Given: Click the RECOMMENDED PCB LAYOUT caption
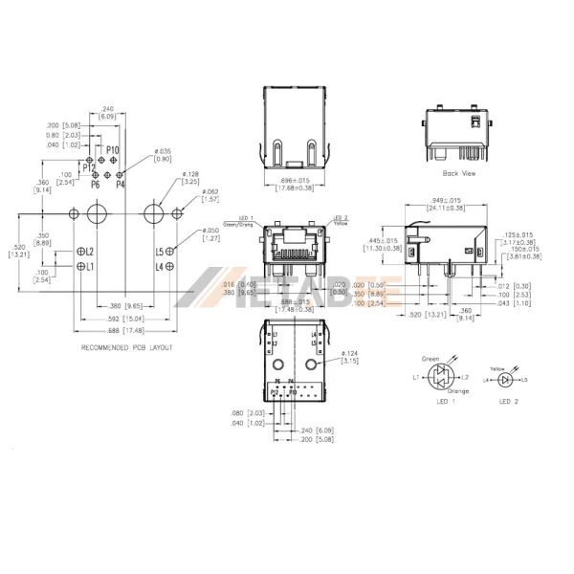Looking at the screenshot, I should (x=127, y=347).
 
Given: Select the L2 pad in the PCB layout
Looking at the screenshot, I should (x=82, y=252).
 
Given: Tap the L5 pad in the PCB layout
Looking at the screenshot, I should (x=168, y=252).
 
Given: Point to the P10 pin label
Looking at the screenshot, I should (x=112, y=150).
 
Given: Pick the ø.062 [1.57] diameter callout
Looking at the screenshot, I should (x=210, y=196).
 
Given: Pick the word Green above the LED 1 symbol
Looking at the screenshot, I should (x=430, y=359).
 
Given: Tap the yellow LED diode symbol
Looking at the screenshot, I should (x=506, y=380).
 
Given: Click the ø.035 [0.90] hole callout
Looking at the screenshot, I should (x=164, y=156).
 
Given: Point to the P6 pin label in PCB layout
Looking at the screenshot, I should (x=96, y=184).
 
